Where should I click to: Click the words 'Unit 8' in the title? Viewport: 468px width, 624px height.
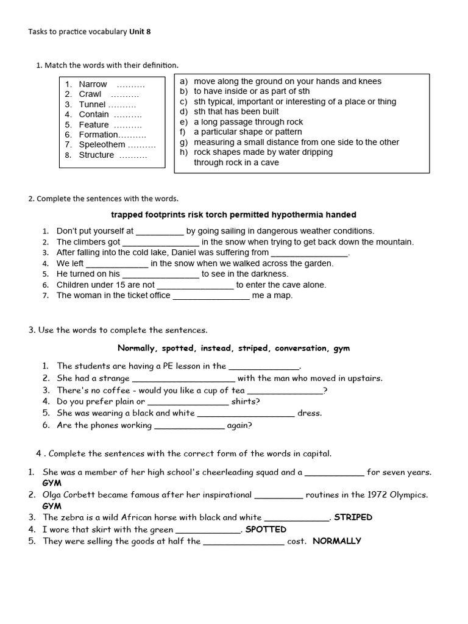pyautogui.click(x=140, y=32)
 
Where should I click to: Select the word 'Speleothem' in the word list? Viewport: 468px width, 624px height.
pyautogui.click(x=102, y=144)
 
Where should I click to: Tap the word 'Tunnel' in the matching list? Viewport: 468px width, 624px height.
pyautogui.click(x=92, y=104)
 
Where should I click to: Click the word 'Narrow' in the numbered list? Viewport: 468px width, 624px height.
pyautogui.click(x=93, y=84)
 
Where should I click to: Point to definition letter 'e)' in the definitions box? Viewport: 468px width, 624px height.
pyautogui.click(x=183, y=122)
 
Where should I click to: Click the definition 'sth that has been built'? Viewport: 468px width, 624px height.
pyautogui.click(x=236, y=112)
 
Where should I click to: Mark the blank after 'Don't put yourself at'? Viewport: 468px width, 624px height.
pyautogui.click(x=160, y=232)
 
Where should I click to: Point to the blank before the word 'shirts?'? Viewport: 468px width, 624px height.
pyautogui.click(x=188, y=402)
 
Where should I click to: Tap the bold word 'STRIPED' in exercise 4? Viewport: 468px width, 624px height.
pyautogui.click(x=353, y=517)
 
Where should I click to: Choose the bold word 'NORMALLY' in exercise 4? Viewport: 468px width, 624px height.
pyautogui.click(x=337, y=541)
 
